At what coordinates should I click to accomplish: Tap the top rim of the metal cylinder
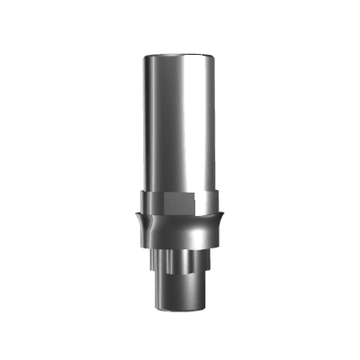(x=180, y=54)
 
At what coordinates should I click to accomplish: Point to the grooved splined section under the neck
(x=180, y=263)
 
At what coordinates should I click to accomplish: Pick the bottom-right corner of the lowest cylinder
(x=201, y=309)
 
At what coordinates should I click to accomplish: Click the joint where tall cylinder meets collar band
(x=180, y=191)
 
